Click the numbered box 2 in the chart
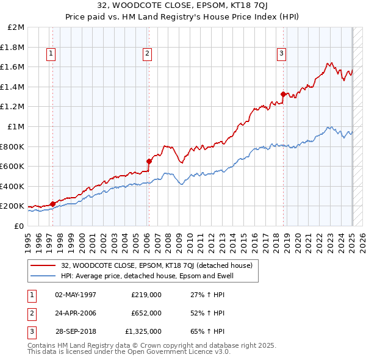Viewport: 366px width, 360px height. [148, 54]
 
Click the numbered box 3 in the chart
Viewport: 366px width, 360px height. [281, 54]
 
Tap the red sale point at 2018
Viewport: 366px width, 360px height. [283, 94]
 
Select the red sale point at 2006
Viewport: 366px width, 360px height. [149, 161]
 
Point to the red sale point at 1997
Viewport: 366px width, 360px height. [52, 204]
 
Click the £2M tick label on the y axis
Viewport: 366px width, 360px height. [16, 27]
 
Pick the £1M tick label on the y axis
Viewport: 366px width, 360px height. [16, 126]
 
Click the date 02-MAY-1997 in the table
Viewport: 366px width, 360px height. [76, 295]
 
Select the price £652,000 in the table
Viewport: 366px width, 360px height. [146, 313]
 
